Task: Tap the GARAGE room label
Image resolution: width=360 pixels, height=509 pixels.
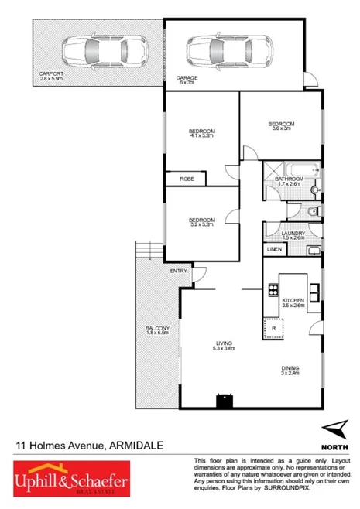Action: pos(187,79)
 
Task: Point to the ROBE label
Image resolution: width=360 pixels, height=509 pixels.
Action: pos(187,179)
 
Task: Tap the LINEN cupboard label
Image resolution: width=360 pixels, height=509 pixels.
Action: pos(274,250)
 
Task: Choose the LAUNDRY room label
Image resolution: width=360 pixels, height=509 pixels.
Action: pos(292,233)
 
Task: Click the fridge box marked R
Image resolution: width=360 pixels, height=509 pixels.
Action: pos(273,328)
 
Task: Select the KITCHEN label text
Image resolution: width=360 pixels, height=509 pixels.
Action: pos(293,299)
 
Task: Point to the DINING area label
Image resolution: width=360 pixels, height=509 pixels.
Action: pos(291,368)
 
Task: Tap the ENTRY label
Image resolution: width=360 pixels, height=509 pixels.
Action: pos(179,270)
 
